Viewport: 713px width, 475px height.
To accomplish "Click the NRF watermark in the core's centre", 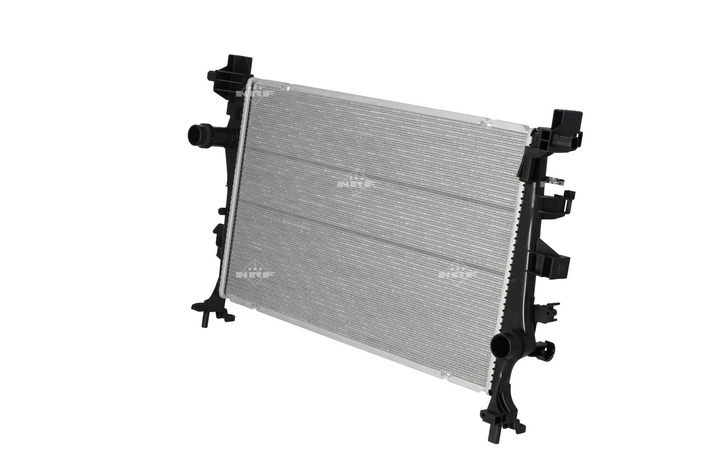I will click(356, 182).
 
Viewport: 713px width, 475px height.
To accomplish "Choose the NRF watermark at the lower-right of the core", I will click(457, 273).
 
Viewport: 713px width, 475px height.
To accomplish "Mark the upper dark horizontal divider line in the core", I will click(380, 178).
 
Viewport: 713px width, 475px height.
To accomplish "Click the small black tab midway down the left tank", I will click(222, 210).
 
